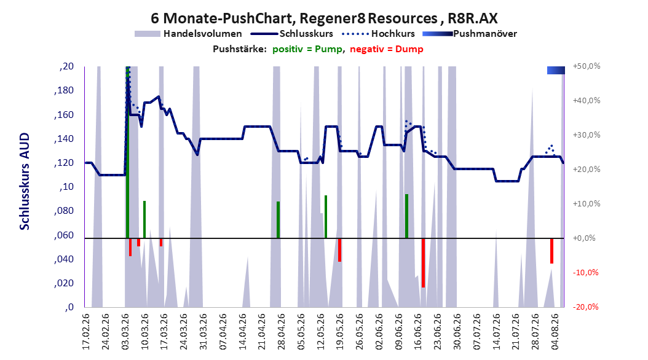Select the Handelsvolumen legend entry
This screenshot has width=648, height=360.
pyautogui.click(x=189, y=34)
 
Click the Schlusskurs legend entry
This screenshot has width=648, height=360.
pyautogui.click(x=292, y=34)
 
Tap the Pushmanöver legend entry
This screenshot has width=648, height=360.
pyautogui.click(x=470, y=34)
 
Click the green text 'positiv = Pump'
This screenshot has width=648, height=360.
pyautogui.click(x=307, y=49)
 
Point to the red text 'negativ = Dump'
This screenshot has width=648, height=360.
pyautogui.click(x=387, y=49)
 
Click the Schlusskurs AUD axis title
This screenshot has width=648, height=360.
pyautogui.click(x=25, y=181)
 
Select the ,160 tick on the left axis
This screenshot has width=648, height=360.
pyautogui.click(x=64, y=114)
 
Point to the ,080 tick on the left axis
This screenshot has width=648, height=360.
pyautogui.click(x=64, y=211)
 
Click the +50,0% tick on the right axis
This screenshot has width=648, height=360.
pyautogui.click(x=587, y=66)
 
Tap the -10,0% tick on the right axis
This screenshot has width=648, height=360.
pyautogui.click(x=585, y=273)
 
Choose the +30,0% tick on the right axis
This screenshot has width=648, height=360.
pyautogui.click(x=587, y=135)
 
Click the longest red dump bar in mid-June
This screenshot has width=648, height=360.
pyautogui.click(x=423, y=263)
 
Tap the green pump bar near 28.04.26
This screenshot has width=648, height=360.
pyautogui.click(x=278, y=220)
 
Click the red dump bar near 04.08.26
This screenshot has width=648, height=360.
pyautogui.click(x=551, y=251)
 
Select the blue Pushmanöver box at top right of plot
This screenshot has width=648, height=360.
pyautogui.click(x=556, y=70)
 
